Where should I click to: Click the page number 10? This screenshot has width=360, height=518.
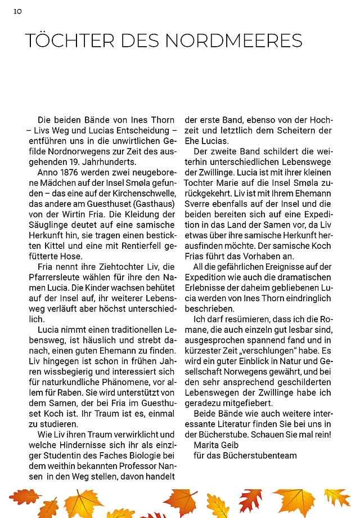coord(17,11)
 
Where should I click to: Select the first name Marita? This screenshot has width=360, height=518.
coord(206,445)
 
